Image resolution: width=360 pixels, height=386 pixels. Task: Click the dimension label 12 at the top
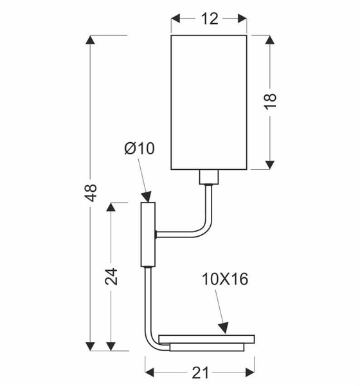click(210, 19)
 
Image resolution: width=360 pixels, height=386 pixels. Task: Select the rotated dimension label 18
click(270, 102)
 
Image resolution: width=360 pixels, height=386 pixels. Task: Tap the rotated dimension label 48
click(91, 193)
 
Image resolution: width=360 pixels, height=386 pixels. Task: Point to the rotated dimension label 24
click(111, 277)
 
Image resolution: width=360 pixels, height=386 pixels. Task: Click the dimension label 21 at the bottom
click(200, 372)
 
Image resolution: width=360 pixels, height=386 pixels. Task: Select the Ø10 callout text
click(139, 148)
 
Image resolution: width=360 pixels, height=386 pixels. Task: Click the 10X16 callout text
click(225, 279)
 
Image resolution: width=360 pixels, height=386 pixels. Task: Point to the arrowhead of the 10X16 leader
click(224, 328)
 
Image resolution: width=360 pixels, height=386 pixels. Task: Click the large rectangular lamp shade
click(209, 102)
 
